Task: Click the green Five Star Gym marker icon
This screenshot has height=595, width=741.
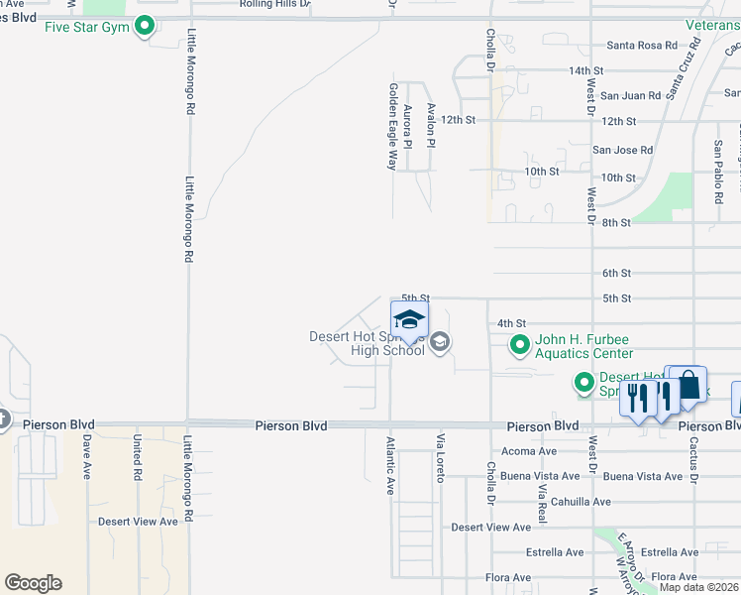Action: click(x=146, y=26)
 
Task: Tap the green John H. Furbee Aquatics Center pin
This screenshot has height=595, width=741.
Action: click(x=519, y=345)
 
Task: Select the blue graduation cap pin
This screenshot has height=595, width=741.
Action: click(x=409, y=321)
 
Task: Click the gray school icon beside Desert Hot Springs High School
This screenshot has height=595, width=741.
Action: click(x=441, y=343)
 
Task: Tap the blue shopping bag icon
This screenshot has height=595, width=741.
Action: click(x=688, y=386)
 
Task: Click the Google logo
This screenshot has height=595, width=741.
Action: click(x=33, y=583)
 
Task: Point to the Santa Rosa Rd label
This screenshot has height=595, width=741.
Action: click(x=641, y=46)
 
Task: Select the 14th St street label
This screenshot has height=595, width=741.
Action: click(x=585, y=71)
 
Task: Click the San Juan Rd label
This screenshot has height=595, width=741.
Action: click(x=630, y=96)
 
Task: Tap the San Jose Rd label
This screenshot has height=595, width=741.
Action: click(x=622, y=151)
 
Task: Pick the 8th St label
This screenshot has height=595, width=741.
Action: click(x=615, y=223)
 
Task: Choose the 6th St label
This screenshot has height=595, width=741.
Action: click(x=616, y=274)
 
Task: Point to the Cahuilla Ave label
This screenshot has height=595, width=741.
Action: click(x=581, y=502)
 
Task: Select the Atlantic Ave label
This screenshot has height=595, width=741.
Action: click(x=390, y=466)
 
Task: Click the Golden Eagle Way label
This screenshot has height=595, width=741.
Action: click(x=392, y=126)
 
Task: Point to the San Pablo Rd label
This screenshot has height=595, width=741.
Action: click(x=718, y=171)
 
